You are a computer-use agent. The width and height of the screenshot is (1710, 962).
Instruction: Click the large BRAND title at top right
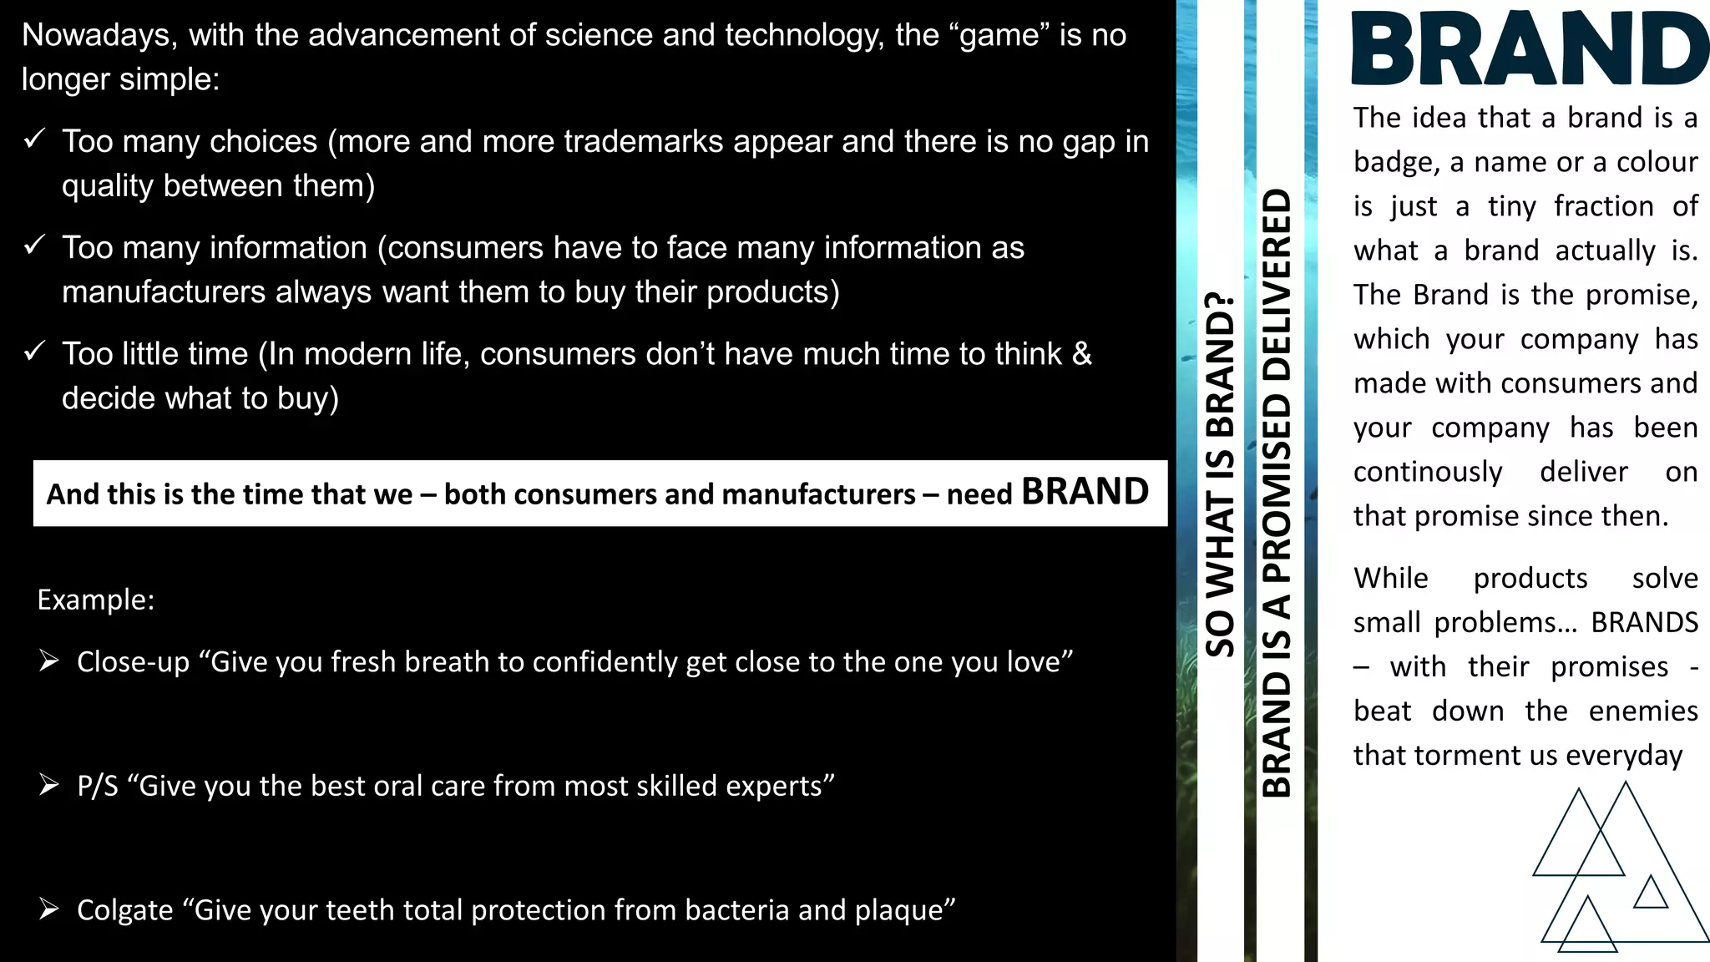pyautogui.click(x=1530, y=50)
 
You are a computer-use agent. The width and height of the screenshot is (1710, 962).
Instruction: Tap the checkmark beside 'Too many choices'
pyautogui.click(x=34, y=139)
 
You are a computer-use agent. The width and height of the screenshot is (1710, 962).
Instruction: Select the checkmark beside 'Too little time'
pyautogui.click(x=34, y=351)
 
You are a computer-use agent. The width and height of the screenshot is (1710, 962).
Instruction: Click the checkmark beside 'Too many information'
pyautogui.click(x=34, y=245)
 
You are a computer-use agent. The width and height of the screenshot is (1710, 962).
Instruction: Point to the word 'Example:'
pyautogui.click(x=96, y=600)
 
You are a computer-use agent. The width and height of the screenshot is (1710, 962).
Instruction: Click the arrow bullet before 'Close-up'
pyautogui.click(x=49, y=661)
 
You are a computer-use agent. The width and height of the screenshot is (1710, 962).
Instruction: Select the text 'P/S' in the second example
pyautogui.click(x=98, y=786)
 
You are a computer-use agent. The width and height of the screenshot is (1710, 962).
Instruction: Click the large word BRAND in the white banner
pyautogui.click(x=1085, y=492)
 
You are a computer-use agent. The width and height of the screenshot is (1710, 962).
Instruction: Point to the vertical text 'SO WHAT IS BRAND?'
pyautogui.click(x=1220, y=473)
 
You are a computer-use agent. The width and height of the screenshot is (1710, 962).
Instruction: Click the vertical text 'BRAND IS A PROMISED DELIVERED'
pyautogui.click(x=1277, y=493)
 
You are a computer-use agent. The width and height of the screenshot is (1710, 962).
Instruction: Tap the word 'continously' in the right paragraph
pyautogui.click(x=1427, y=472)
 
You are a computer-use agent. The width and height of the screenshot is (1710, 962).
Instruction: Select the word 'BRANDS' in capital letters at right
pyautogui.click(x=1644, y=622)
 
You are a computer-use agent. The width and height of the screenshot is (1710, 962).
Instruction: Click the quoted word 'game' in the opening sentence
pyautogui.click(x=999, y=35)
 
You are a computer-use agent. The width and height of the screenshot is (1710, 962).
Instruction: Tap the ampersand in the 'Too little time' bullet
pyautogui.click(x=1081, y=353)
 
